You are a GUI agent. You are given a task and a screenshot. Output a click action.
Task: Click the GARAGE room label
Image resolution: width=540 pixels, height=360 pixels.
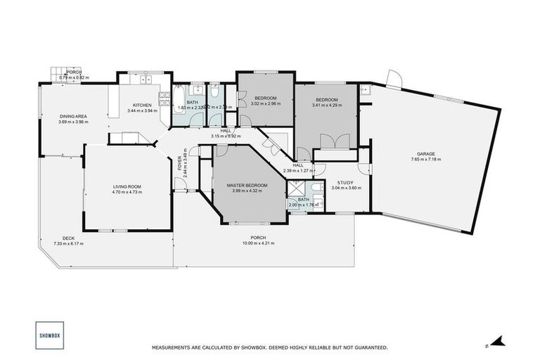pos(426,153)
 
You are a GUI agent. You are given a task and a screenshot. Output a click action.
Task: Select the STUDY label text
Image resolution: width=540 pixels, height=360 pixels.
pos(345,182)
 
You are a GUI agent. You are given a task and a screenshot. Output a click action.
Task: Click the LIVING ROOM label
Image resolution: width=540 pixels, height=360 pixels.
pos(127,186)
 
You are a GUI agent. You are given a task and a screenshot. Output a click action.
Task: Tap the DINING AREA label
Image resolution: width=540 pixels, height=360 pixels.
pos(72,116)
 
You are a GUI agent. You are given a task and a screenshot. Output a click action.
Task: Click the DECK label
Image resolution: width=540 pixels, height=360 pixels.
pos(68,238)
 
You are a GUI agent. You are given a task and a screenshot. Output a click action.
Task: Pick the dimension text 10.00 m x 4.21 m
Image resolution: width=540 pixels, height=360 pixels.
pos(258,243)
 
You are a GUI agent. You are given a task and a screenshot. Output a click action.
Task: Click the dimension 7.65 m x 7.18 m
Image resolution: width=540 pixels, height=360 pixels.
pos(426,160)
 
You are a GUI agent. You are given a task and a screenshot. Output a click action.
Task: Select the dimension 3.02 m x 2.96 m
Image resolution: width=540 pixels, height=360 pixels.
pos(265,103)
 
